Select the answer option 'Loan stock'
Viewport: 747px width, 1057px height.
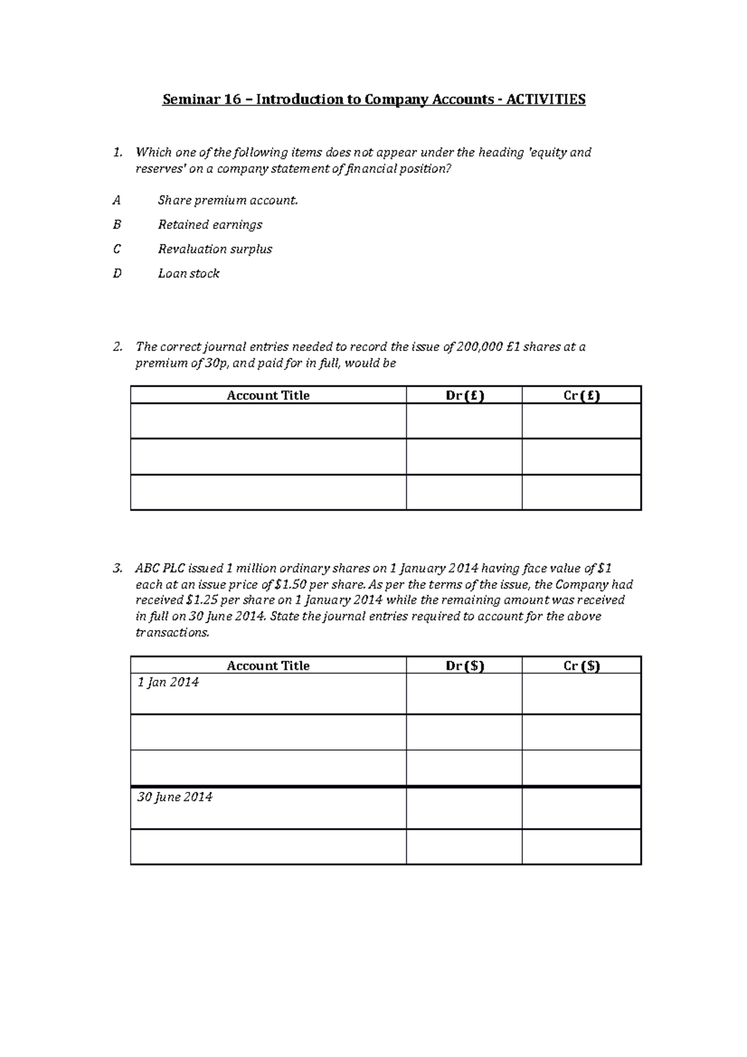coord(189,273)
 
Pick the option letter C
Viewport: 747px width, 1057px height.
coord(116,249)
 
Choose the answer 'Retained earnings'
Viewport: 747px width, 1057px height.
coord(210,225)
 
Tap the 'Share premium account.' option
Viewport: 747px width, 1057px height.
coord(228,200)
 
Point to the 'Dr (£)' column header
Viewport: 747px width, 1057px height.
coord(464,395)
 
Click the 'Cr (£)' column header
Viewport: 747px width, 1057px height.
coord(581,395)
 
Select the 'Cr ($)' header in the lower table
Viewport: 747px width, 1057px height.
coord(581,665)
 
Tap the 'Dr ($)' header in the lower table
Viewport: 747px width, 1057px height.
coord(464,665)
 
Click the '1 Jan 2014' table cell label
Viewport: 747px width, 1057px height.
coord(168,682)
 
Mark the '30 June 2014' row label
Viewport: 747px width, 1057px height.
coord(174,797)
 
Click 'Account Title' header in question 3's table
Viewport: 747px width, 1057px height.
coord(268,665)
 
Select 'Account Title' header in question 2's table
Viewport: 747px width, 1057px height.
coord(268,395)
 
